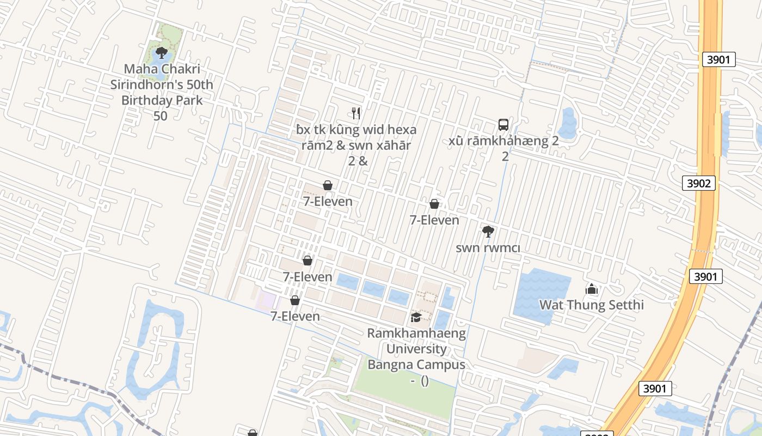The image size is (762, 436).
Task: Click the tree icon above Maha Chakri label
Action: coord(161,53)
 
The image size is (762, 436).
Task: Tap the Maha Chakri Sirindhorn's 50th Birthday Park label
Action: coord(162,85)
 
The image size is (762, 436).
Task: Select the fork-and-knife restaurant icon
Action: coord(356,113)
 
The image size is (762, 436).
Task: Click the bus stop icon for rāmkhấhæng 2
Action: coord(503,125)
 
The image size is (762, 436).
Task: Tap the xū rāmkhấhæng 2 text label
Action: coord(504,142)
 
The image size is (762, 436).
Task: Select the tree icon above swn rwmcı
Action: coord(488,232)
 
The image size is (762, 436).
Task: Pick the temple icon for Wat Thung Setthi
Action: coord(592,288)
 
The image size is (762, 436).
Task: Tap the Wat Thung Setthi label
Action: coord(592,305)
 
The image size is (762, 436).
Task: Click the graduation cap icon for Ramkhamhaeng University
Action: coord(416,317)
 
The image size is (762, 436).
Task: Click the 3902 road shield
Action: coord(698,183)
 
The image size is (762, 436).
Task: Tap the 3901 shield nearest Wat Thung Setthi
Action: coord(705,277)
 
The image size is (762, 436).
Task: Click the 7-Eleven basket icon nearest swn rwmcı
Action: coord(434,204)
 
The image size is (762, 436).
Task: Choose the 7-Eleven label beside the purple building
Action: coord(295,316)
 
